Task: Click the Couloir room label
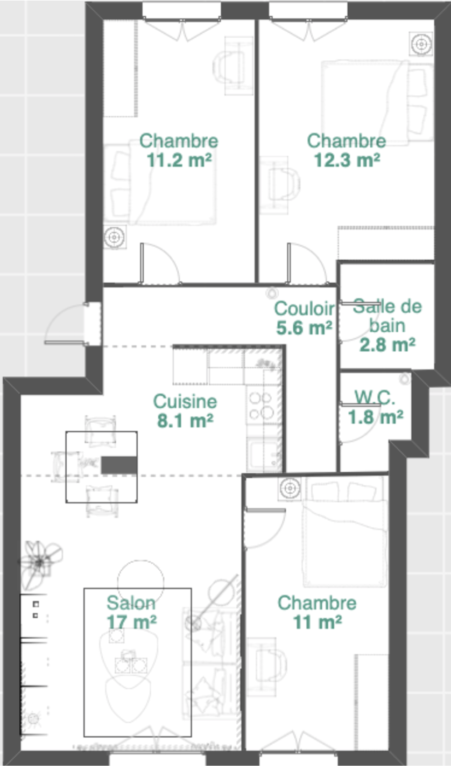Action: pyautogui.click(x=304, y=308)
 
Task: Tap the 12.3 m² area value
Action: pyautogui.click(x=347, y=160)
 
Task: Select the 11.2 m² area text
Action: pyautogui.click(x=179, y=160)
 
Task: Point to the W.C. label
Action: pyautogui.click(x=375, y=397)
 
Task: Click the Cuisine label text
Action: pyautogui.click(x=185, y=401)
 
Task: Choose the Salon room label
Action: pyautogui.click(x=131, y=603)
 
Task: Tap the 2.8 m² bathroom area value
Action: pyautogui.click(x=387, y=345)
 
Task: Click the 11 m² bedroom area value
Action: pyautogui.click(x=318, y=622)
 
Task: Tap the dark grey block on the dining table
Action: pyautogui.click(x=119, y=465)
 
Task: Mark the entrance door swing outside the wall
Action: pyautogui.click(x=65, y=324)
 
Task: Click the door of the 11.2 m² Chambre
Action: pyautogui.click(x=160, y=263)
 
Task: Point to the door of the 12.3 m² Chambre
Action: pyautogui.click(x=307, y=263)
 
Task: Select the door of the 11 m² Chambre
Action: pyautogui.click(x=264, y=529)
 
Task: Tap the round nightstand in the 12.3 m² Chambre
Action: pyautogui.click(x=421, y=44)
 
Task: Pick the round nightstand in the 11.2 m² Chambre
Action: pyautogui.click(x=115, y=237)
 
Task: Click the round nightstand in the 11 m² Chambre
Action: pyautogui.click(x=290, y=488)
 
